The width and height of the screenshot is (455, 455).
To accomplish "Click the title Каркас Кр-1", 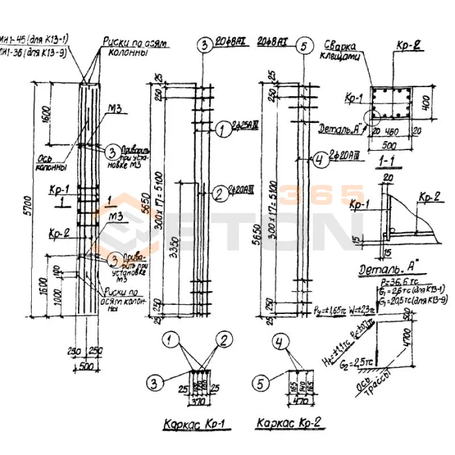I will point(193,424).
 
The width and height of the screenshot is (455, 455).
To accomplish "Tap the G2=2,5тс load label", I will point(349,360).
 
